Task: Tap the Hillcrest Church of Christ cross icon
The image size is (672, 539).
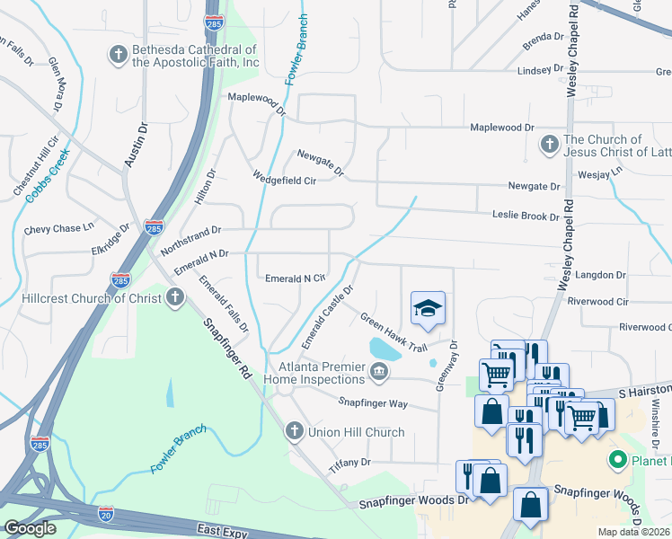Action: point(175,296)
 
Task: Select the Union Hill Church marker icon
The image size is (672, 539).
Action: point(294,432)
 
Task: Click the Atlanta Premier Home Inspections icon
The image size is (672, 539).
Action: point(379,370)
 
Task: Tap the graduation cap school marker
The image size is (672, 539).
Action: point(429,309)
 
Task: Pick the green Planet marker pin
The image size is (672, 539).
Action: point(618,461)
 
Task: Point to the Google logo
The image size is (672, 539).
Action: point(30,528)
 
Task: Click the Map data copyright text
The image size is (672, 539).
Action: point(633,532)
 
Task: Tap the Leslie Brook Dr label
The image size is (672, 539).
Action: point(526,216)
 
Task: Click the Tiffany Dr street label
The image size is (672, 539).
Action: point(349,463)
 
